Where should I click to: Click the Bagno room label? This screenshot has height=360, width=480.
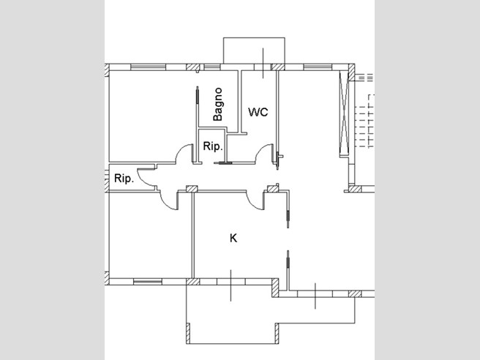218,104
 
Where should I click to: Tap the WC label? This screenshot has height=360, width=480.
258,112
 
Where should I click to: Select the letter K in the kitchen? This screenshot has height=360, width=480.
233,238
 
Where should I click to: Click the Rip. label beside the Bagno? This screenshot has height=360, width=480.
213,146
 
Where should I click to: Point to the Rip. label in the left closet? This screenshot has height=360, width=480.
124,178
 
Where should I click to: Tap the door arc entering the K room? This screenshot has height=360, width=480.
252,204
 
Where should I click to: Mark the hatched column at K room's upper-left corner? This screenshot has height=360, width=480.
192,189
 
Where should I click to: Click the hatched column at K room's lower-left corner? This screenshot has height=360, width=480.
193,282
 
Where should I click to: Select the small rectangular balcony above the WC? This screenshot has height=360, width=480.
254,50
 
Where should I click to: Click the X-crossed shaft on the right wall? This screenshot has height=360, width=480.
344,114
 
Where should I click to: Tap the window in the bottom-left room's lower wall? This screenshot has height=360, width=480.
148,282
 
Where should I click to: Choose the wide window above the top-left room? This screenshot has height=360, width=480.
148,67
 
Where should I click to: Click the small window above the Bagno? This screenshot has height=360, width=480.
212,67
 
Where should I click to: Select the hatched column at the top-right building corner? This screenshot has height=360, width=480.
351,72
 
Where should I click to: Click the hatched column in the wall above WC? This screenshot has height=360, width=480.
278,67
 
